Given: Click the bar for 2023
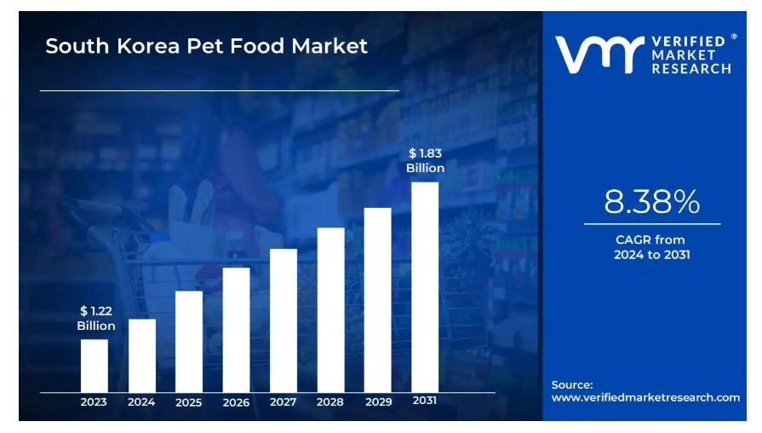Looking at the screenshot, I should click(95, 366).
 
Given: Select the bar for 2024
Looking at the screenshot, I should click(142, 355).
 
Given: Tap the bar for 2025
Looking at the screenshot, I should click(189, 341).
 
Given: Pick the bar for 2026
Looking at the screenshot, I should click(237, 330).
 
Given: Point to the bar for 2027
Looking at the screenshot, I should click(284, 320).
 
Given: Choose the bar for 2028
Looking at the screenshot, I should click(331, 309).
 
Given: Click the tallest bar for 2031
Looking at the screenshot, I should click(425, 286).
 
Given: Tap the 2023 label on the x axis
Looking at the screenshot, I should click(95, 402).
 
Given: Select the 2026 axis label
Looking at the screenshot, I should click(237, 402).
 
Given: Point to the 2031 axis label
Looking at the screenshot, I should click(426, 401).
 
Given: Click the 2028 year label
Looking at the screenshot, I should click(331, 402).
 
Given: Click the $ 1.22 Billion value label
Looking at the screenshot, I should click(95, 319).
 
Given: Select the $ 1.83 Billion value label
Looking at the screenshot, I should click(425, 160).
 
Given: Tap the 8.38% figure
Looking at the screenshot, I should click(652, 202).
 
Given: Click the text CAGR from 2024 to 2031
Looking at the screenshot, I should click(652, 247).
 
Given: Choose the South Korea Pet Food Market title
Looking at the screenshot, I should click(207, 46).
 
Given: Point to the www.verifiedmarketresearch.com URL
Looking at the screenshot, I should click(645, 398).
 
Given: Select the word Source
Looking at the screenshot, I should click(572, 384).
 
